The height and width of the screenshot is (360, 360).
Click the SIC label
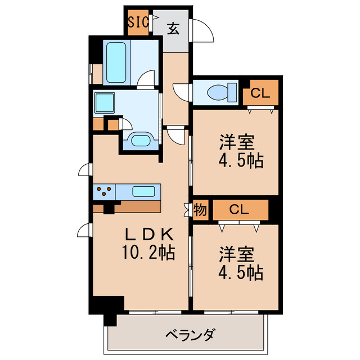[138, 22]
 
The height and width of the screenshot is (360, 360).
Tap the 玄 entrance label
[174, 28]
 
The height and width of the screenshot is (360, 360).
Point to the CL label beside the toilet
[260, 93]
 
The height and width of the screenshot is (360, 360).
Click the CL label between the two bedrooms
[239, 210]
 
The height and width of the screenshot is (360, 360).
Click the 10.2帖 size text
[149, 253]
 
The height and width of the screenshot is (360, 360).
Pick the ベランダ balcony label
[190, 336]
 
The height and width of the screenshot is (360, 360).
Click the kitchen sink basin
[145, 191]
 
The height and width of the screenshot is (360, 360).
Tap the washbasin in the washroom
[139, 141]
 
